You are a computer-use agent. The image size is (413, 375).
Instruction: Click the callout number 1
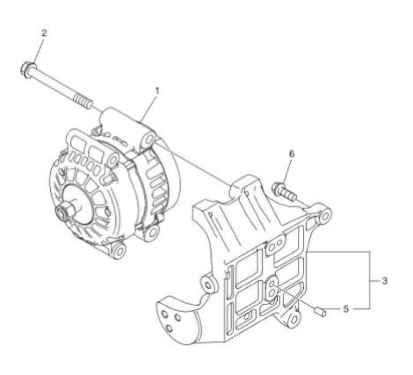[x=157, y=91]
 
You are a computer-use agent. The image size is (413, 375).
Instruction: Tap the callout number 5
[x=346, y=309]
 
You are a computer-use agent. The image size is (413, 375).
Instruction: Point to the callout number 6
[x=291, y=154]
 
